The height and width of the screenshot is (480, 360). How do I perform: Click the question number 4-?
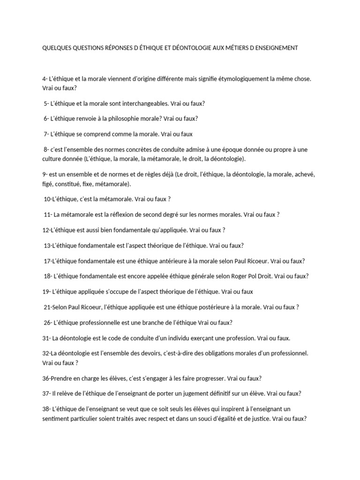[x=45, y=79]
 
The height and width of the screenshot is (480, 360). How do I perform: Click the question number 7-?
[x=46, y=134]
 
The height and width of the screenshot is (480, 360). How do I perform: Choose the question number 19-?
[x=46, y=292]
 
